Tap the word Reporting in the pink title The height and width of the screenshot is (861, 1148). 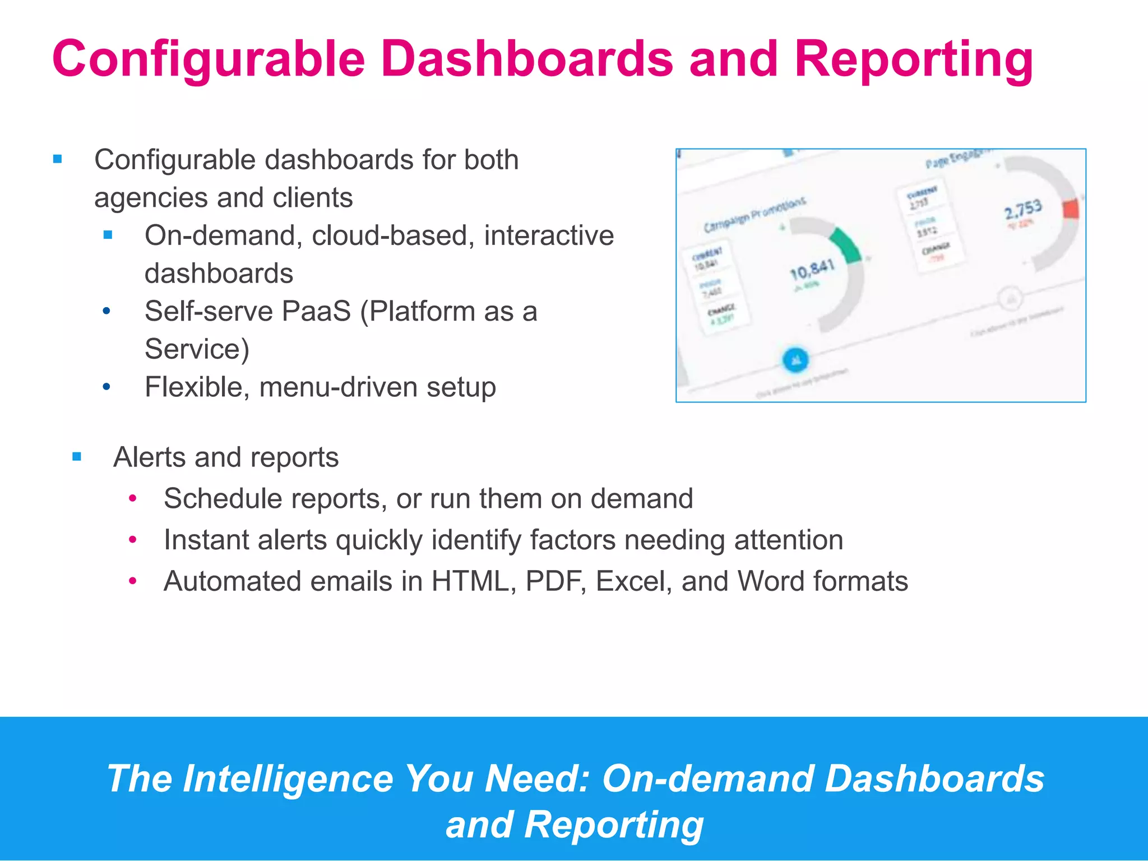pyautogui.click(x=914, y=59)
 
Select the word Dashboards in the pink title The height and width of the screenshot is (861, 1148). pyautogui.click(x=527, y=59)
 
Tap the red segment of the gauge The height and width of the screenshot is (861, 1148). pyautogui.click(x=1071, y=209)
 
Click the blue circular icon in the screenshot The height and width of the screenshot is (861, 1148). pyautogui.click(x=795, y=360)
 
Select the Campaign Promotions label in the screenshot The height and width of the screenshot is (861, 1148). pyautogui.click(x=754, y=215)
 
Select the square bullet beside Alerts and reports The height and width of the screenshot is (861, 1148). pyautogui.click(x=77, y=457)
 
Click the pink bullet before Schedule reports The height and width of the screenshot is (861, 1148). pyautogui.click(x=133, y=498)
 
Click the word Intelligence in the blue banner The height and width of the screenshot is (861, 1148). pyautogui.click(x=289, y=779)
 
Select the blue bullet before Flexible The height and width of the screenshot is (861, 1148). pyautogui.click(x=107, y=387)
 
